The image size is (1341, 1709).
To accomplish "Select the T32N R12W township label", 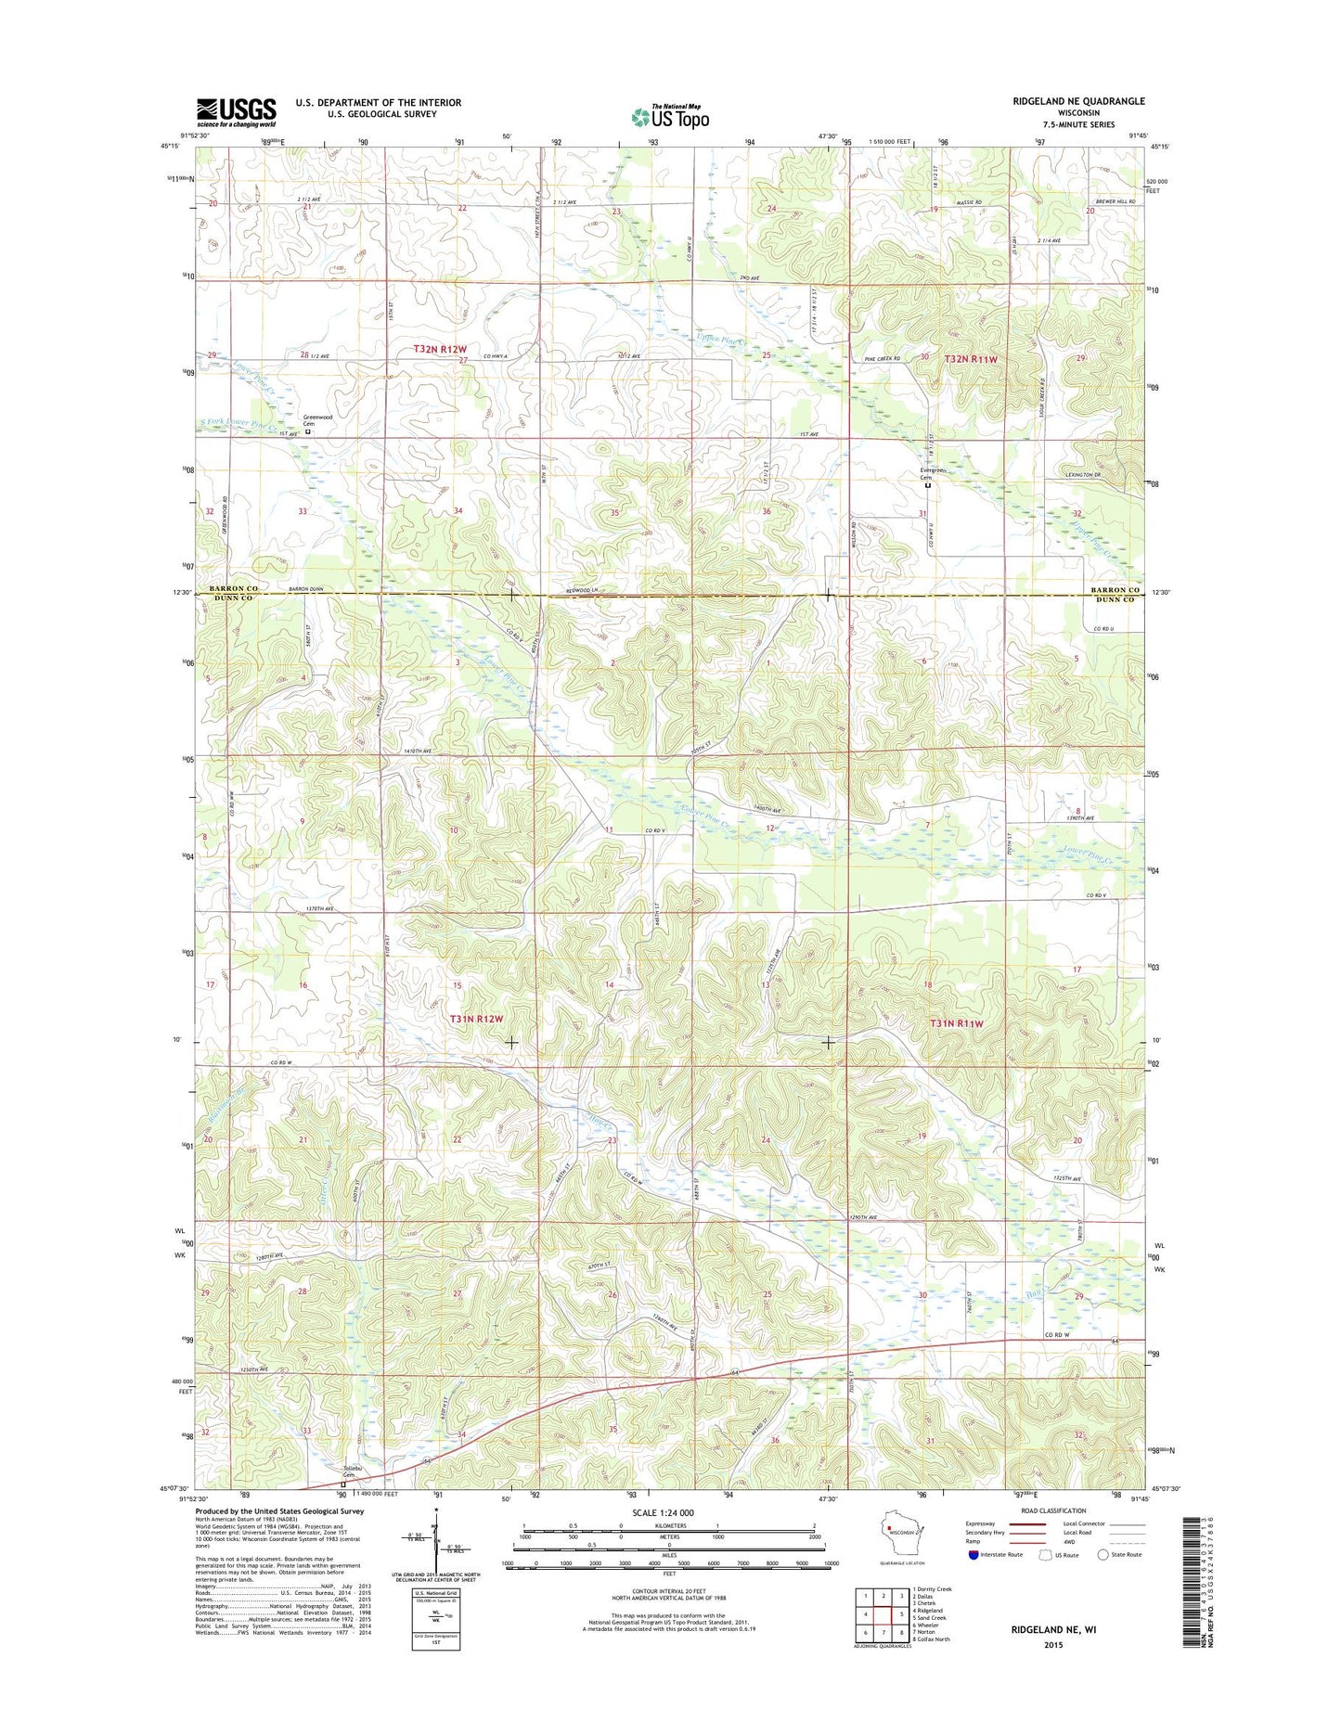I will tap(440, 349).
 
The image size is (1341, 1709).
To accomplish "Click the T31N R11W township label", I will tap(956, 1023).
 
